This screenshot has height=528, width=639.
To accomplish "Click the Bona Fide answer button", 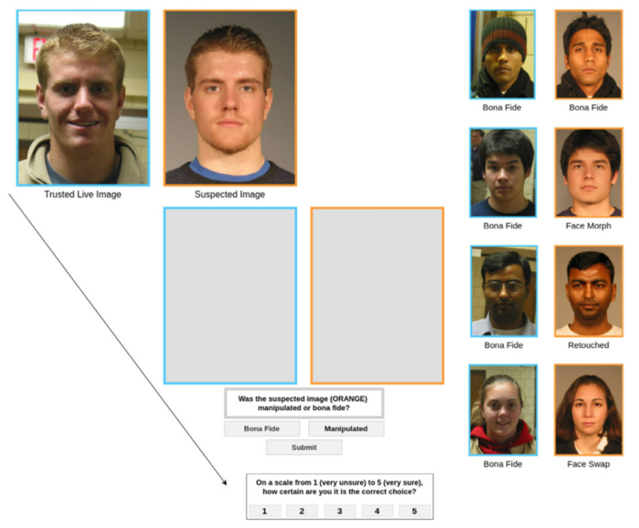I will pyautogui.click(x=261, y=428).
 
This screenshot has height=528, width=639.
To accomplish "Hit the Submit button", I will pyautogui.click(x=304, y=448).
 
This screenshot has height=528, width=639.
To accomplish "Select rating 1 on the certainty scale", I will pyautogui.click(x=265, y=512).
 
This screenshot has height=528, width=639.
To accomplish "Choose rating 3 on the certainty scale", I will pyautogui.click(x=339, y=512).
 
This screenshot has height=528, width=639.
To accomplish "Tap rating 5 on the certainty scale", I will pyautogui.click(x=413, y=512).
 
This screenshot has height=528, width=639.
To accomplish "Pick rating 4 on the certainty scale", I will pyautogui.click(x=377, y=512).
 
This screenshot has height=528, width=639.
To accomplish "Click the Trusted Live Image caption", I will pyautogui.click(x=82, y=195).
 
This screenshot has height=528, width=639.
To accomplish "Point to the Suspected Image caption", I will pyautogui.click(x=229, y=195).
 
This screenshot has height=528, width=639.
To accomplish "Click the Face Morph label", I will pyautogui.click(x=588, y=226).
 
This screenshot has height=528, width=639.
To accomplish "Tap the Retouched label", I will pyautogui.click(x=588, y=345).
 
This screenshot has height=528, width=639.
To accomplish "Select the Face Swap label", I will pyautogui.click(x=588, y=464).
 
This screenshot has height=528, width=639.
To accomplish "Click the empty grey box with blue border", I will pyautogui.click(x=230, y=295).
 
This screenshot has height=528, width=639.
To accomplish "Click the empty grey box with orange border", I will pyautogui.click(x=377, y=295).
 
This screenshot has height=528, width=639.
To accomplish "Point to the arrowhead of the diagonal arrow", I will pyautogui.click(x=225, y=482).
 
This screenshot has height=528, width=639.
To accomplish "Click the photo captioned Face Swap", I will pyautogui.click(x=588, y=409).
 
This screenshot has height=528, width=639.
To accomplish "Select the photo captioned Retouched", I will pyautogui.click(x=588, y=290).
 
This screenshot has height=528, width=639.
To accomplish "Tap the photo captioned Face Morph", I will pyautogui.click(x=588, y=172).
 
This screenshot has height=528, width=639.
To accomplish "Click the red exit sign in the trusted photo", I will pyautogui.click(x=37, y=47).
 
